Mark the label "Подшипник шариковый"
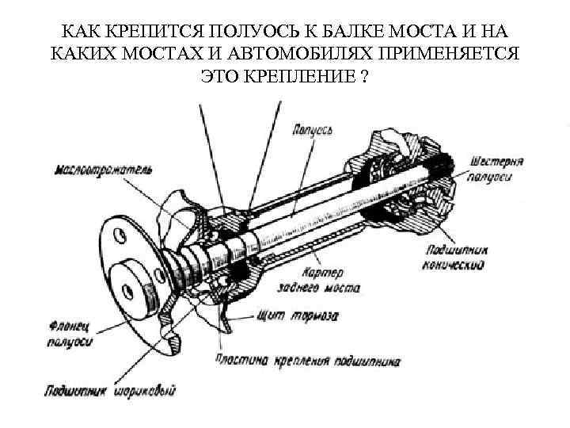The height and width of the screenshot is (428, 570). [x=112, y=390]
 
